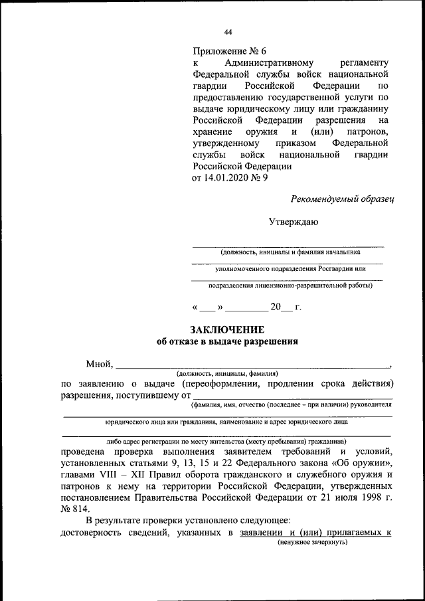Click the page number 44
pos(228,32)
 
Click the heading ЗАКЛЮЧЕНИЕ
pos(227,330)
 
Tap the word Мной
pos(99,364)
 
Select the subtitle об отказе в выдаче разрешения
pos(227,342)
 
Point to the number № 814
pos(74,507)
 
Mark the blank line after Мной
pos(252,365)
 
